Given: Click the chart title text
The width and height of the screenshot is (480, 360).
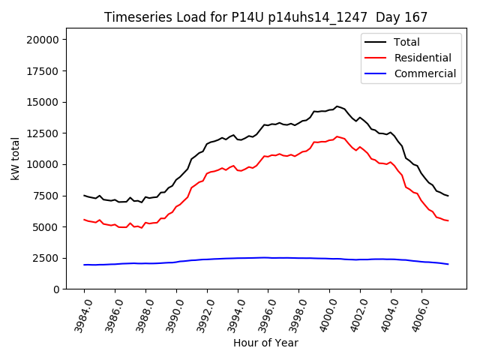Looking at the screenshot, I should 265,17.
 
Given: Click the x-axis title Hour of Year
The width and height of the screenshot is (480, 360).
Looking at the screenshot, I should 265,343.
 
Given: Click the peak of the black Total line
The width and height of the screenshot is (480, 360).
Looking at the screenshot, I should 337,106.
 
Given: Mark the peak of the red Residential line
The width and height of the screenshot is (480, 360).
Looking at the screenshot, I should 337,136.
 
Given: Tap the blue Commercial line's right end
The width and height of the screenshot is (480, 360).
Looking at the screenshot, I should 448,264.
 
